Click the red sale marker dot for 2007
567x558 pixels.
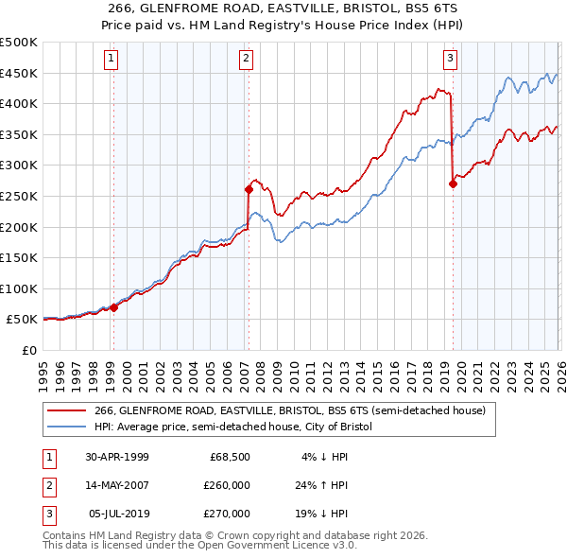(249, 189)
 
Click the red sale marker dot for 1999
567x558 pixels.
(113, 307)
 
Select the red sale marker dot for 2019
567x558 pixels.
(453, 184)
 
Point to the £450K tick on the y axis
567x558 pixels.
(19, 73)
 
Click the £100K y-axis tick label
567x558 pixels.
(19, 288)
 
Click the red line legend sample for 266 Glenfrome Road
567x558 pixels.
(67, 410)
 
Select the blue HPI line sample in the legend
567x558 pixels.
(67, 427)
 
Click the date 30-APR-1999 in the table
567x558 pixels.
(117, 457)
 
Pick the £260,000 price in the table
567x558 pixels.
(227, 485)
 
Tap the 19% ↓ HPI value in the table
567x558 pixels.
(321, 514)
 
